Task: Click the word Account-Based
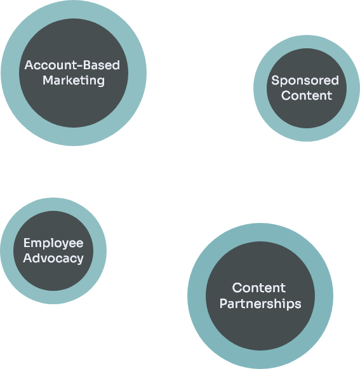(72, 65)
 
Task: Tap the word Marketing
(74, 81)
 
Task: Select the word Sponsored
(305, 81)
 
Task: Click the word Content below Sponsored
(307, 95)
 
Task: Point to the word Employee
(53, 243)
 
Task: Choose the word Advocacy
(53, 258)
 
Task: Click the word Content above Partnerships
(259, 288)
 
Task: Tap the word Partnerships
(260, 304)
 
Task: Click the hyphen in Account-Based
(80, 66)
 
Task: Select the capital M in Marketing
(48, 80)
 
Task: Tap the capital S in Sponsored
(276, 80)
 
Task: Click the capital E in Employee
(27, 243)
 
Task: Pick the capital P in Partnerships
(223, 304)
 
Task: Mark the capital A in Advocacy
(28, 258)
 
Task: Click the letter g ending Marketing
(101, 82)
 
